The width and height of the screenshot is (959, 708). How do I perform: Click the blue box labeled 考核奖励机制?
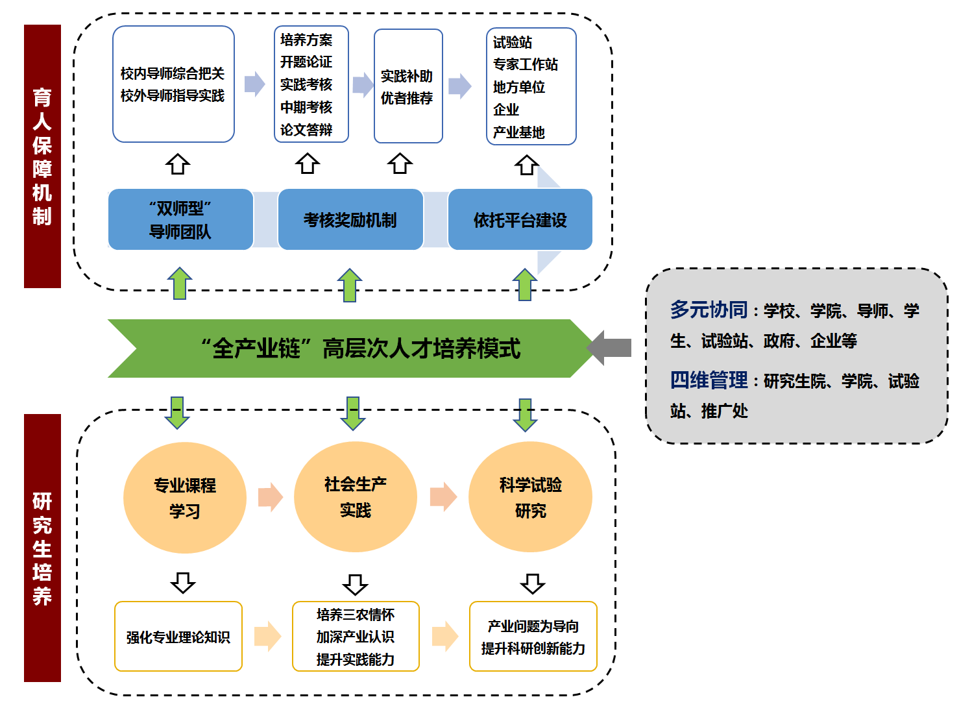(350, 220)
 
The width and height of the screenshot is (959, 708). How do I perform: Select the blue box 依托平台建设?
(520, 220)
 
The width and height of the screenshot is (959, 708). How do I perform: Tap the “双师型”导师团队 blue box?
(180, 220)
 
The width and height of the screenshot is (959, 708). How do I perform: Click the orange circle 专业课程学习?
(185, 498)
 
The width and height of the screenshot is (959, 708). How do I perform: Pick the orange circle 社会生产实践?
(355, 497)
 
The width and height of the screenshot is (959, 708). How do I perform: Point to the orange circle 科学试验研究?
(530, 497)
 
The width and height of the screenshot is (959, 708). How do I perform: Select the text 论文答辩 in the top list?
(306, 130)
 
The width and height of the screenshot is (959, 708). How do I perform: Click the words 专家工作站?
(525, 64)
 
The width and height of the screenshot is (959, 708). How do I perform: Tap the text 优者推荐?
(407, 98)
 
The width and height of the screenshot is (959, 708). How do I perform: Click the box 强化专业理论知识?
(178, 637)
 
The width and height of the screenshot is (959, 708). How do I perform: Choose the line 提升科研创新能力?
(533, 648)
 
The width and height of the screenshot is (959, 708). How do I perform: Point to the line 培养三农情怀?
(356, 614)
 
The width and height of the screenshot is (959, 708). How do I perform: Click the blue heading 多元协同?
(709, 310)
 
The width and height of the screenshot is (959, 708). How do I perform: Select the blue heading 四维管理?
(709, 380)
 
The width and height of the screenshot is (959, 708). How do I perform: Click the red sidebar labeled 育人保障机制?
(42, 156)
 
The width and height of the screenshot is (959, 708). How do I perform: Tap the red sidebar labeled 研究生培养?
(42, 548)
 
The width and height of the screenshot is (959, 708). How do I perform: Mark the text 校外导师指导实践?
(173, 96)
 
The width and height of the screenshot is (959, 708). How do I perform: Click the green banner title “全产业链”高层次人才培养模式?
(360, 348)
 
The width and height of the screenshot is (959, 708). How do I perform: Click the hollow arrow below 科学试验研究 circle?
(533, 583)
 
